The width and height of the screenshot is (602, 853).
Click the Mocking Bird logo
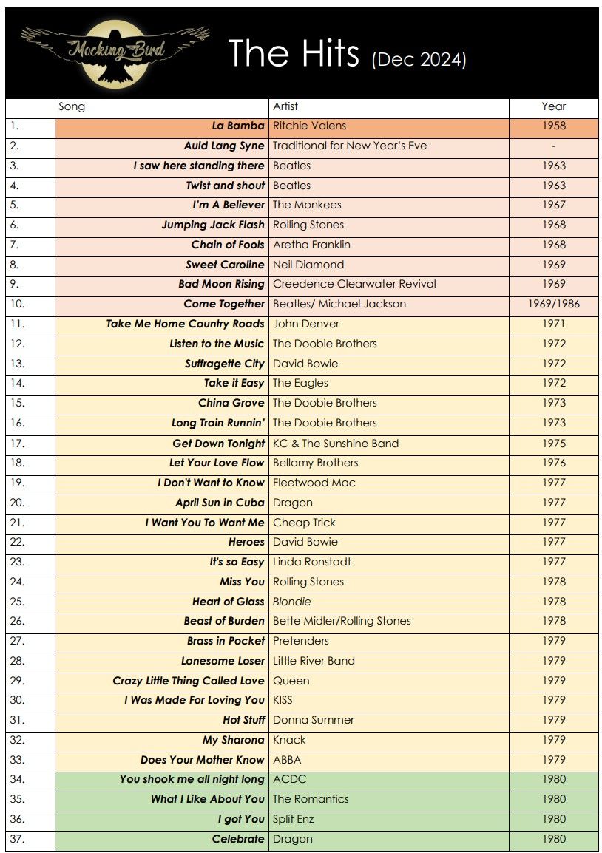click(115, 52)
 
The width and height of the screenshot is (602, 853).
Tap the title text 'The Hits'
click(294, 54)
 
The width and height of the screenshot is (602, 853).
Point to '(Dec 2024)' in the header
click(419, 58)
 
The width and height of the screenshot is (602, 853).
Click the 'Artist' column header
click(285, 106)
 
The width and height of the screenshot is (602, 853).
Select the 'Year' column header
click(553, 106)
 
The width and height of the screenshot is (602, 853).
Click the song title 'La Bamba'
click(238, 126)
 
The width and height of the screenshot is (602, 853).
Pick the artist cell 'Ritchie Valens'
click(309, 126)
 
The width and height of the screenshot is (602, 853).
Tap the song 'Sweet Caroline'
click(225, 265)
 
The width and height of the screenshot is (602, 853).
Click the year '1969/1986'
click(553, 304)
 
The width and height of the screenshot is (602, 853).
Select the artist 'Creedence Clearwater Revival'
click(354, 284)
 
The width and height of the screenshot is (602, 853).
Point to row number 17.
click(18, 443)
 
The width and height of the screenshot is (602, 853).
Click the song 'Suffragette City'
click(224, 364)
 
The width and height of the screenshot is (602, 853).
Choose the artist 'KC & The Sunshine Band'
click(336, 444)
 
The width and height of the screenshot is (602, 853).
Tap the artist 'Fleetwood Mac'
click(314, 483)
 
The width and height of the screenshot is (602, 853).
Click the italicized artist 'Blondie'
click(292, 602)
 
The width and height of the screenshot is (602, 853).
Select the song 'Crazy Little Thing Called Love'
click(189, 681)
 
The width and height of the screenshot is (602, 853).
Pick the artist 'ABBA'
click(287, 760)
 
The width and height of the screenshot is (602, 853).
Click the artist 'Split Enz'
click(294, 819)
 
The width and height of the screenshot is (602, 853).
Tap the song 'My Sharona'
click(233, 740)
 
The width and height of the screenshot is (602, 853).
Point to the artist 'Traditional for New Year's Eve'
click(350, 146)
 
